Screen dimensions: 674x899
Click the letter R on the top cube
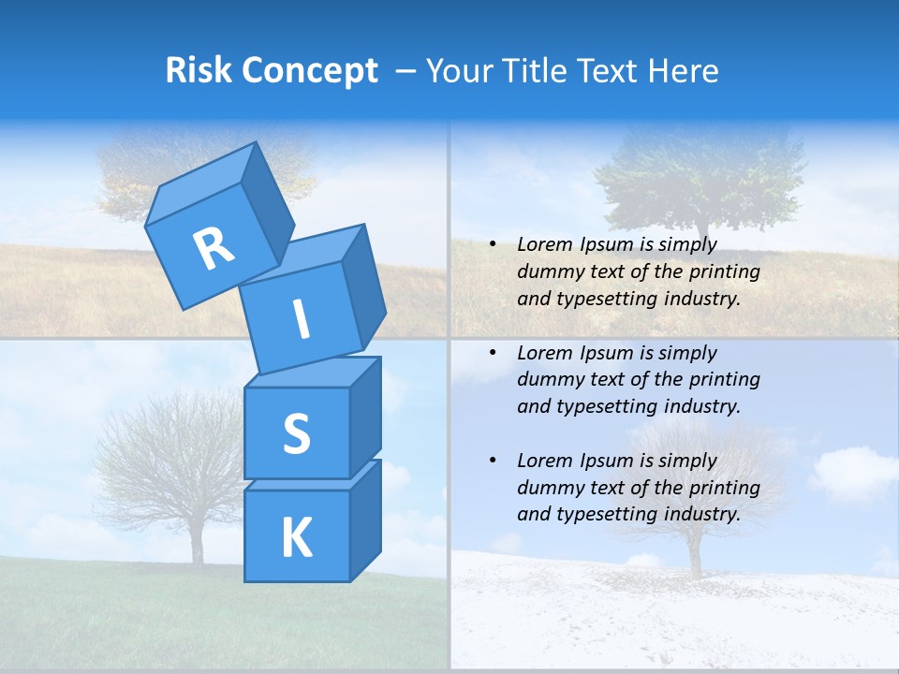(214, 248)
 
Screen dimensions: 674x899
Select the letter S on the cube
(296, 433)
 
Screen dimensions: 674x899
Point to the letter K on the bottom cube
(296, 538)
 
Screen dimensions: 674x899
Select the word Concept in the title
(310, 71)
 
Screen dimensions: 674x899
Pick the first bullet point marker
(493, 244)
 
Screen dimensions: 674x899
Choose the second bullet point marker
(493, 353)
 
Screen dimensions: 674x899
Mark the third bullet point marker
(493, 461)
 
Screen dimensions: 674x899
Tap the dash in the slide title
(406, 71)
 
